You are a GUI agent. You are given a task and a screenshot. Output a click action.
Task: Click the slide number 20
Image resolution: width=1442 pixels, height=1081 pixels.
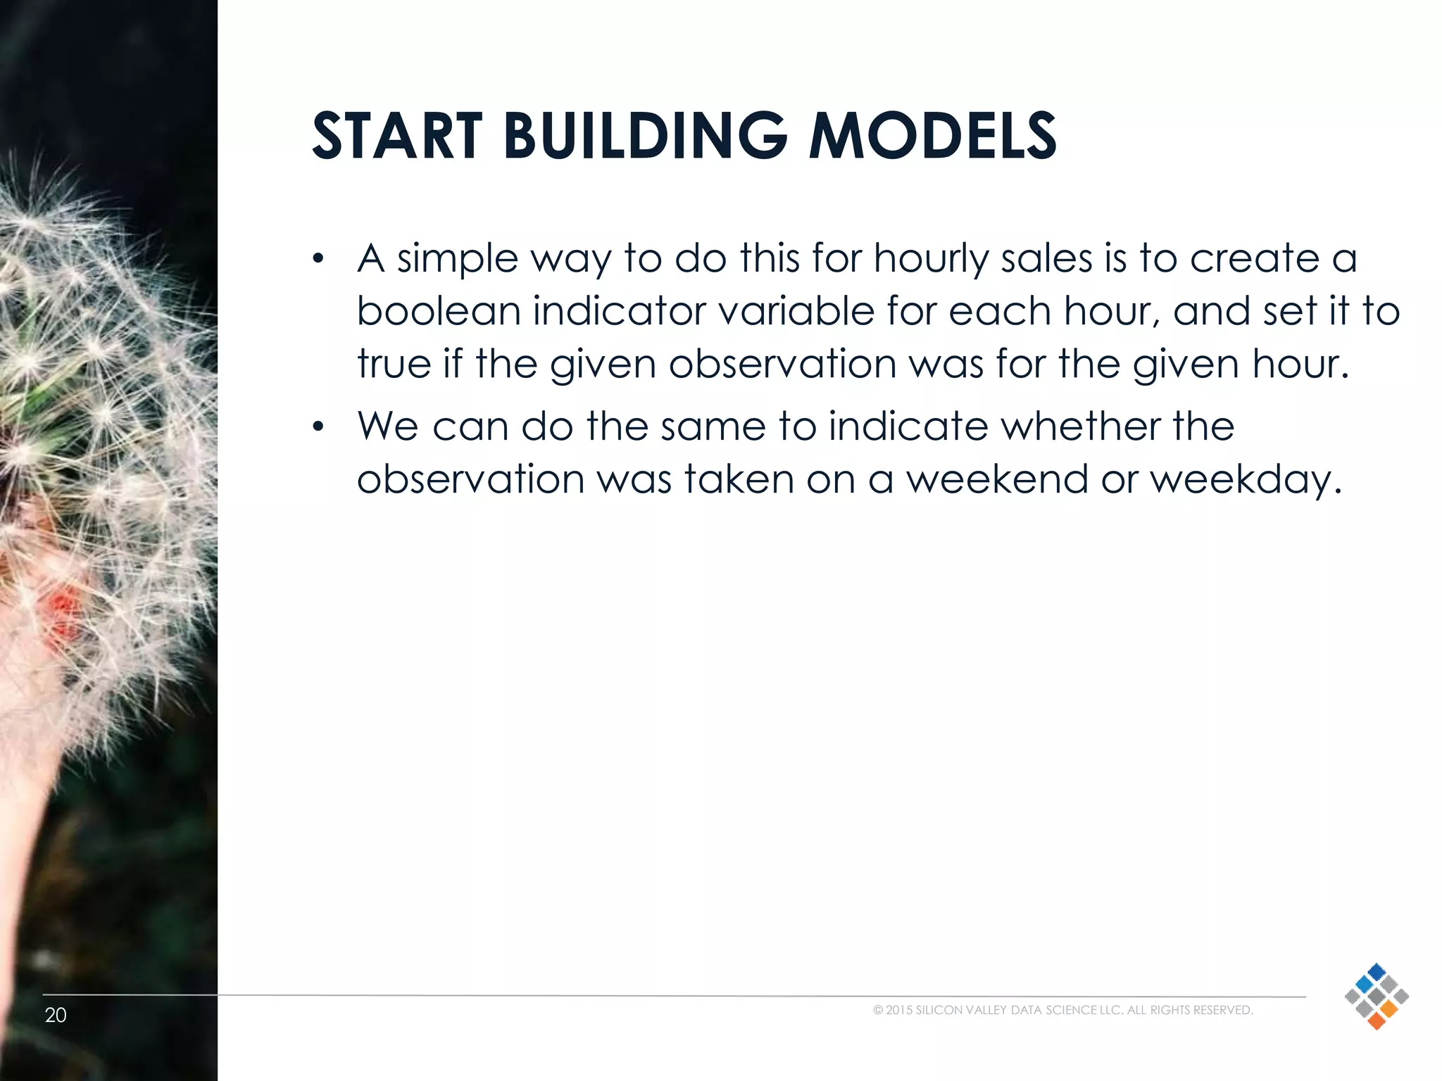click(x=56, y=1015)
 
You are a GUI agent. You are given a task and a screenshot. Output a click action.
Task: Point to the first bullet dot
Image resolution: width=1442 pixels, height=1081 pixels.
click(x=318, y=260)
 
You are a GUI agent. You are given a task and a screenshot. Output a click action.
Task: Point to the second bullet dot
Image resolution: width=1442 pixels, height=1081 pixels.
click(x=318, y=427)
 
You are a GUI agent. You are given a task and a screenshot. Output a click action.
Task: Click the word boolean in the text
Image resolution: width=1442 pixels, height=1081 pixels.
click(x=438, y=310)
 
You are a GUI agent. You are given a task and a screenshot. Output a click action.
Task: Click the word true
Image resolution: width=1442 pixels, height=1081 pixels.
click(x=394, y=364)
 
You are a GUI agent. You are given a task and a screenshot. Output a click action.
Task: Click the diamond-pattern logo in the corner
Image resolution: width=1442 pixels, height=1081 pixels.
click(x=1376, y=996)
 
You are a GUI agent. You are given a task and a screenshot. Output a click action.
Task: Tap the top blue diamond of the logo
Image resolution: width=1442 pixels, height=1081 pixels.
click(x=1377, y=971)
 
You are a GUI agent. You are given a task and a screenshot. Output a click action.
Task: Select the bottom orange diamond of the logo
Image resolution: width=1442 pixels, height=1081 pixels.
click(x=1377, y=1021)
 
